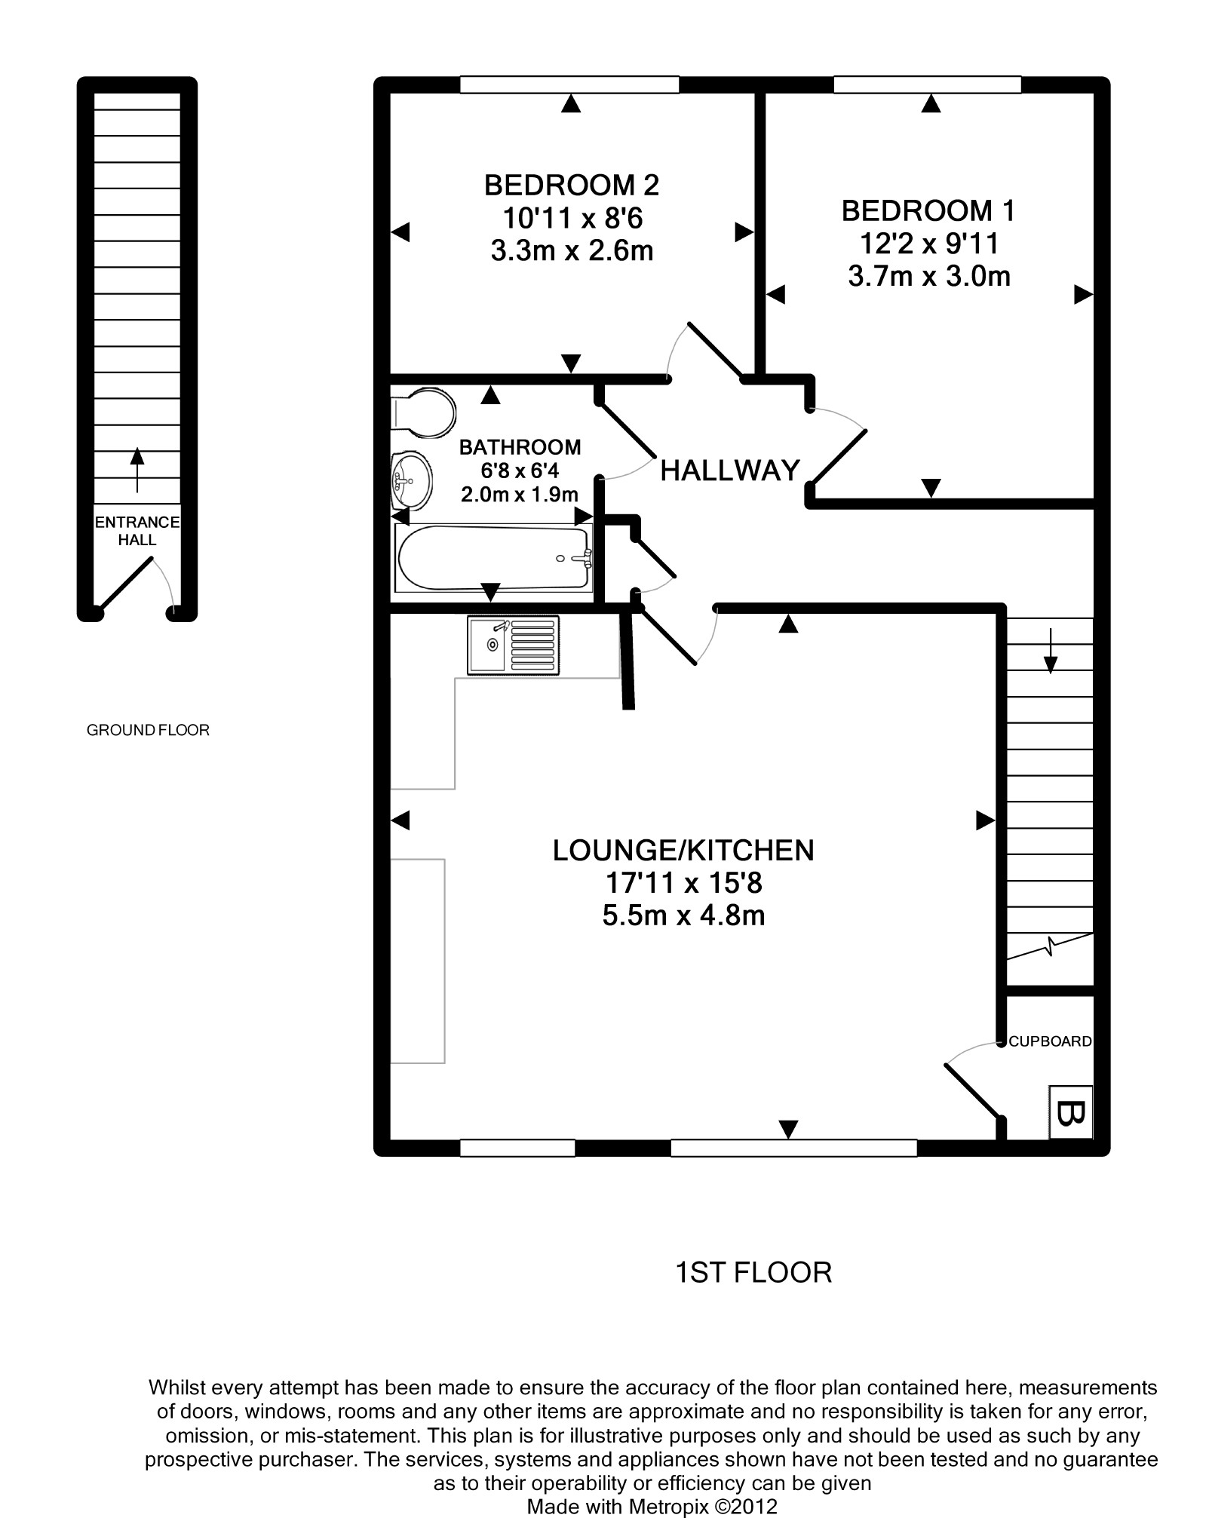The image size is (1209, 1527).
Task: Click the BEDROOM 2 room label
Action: point(572,185)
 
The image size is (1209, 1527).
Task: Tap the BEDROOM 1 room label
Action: point(928,211)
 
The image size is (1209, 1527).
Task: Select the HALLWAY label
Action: point(729,471)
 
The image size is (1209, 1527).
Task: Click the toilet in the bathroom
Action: point(424,412)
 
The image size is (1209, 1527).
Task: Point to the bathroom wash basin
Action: point(411,480)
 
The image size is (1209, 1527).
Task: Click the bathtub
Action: point(493,559)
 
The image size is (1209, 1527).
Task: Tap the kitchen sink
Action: point(513,645)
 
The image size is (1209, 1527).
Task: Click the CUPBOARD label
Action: point(1050,1041)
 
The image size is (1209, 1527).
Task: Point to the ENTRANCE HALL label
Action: point(137,531)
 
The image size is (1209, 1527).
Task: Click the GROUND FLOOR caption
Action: point(148,730)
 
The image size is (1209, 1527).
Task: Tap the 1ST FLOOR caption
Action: point(753,1273)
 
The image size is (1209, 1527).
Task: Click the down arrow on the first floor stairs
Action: point(1050,649)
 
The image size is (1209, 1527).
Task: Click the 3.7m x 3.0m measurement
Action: point(929,277)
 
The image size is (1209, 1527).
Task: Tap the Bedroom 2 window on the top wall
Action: point(569,84)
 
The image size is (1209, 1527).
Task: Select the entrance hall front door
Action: point(125,583)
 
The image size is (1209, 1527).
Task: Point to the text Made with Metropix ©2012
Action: point(652,1507)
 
